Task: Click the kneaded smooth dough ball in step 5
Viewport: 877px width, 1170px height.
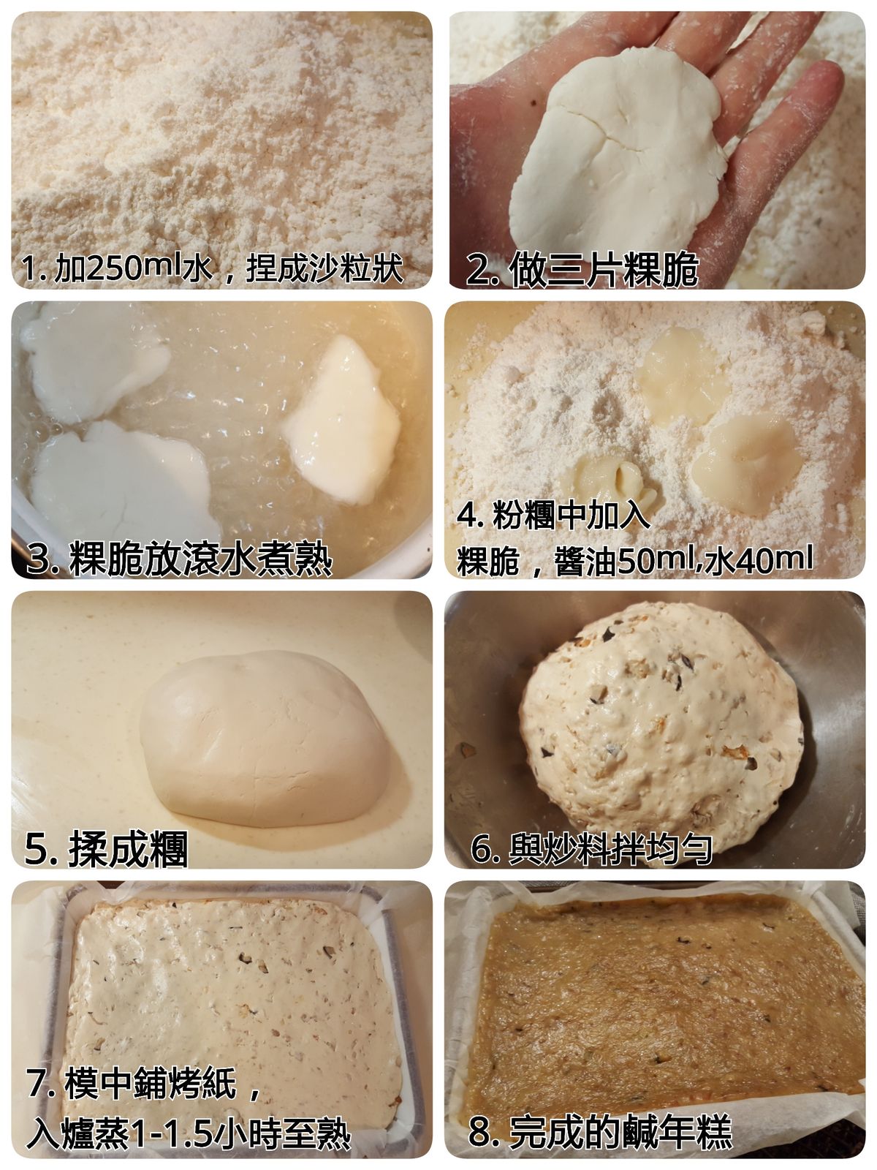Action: coord(265,739)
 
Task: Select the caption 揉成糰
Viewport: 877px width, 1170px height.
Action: coord(128,849)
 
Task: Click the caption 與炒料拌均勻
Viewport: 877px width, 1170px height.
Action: coord(610,848)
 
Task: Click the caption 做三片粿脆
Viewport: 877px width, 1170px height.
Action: coord(604,270)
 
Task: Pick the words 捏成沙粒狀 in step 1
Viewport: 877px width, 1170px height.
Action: coord(324,268)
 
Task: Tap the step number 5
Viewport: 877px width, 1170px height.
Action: coord(35,850)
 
